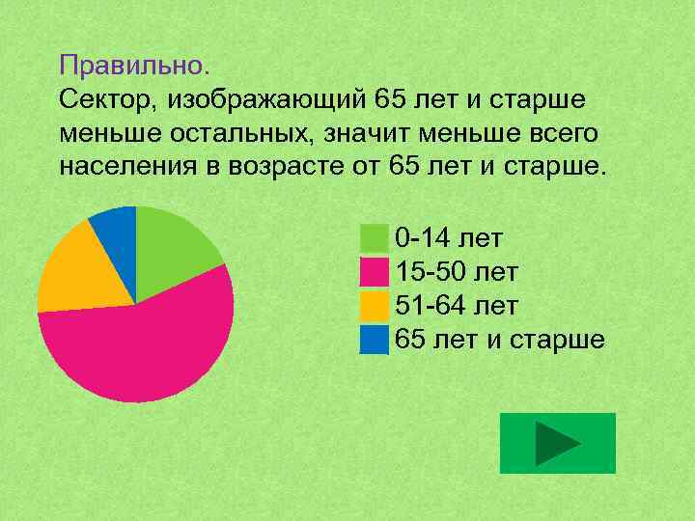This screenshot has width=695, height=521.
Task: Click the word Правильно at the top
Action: click(131, 66)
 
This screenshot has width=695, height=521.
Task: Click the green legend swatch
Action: click(374, 238)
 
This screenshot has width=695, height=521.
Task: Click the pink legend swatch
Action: click(374, 272)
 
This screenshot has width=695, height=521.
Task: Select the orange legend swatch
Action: click(374, 306)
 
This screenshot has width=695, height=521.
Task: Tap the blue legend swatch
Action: click(374, 340)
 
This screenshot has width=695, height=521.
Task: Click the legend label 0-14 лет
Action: click(450, 238)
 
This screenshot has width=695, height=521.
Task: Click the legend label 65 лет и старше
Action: click(500, 340)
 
